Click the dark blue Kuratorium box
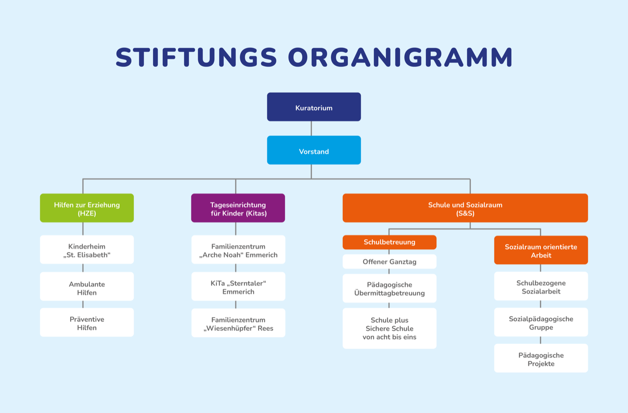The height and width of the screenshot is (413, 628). (314, 107)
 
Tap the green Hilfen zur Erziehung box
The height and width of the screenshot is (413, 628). (87, 208)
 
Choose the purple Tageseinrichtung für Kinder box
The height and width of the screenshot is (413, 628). (238, 208)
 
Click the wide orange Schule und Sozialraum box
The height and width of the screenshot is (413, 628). (465, 208)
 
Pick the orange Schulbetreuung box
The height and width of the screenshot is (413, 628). (390, 242)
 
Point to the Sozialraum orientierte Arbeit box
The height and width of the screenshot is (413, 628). (541, 250)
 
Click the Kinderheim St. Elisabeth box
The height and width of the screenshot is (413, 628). (87, 250)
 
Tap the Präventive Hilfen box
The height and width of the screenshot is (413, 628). (87, 322)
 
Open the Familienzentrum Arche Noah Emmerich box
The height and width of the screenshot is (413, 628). (238, 250)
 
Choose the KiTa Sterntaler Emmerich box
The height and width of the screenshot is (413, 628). (238, 286)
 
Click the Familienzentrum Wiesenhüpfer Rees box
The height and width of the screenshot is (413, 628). (238, 323)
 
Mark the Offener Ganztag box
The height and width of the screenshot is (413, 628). (390, 261)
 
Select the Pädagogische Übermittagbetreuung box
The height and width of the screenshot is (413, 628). (390, 288)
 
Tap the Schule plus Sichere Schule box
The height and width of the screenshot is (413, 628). (390, 328)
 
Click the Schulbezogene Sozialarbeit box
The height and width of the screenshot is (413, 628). (541, 286)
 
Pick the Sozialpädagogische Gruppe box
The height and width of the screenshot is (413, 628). (541, 322)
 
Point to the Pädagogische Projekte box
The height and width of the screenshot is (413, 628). (541, 359)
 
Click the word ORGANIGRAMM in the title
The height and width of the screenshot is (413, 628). (400, 57)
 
